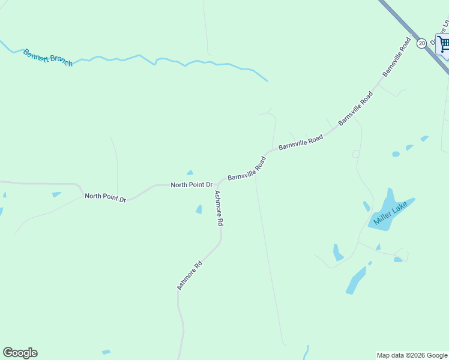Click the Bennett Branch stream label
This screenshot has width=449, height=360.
tap(47, 58)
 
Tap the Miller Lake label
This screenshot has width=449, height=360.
tap(390, 213)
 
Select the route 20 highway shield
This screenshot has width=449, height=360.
tap(421, 43)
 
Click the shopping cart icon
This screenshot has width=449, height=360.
tap(444, 43)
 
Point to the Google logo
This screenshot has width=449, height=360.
tap(20, 353)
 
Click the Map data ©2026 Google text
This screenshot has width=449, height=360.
tap(412, 355)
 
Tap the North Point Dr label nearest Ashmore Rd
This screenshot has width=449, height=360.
tap(191, 185)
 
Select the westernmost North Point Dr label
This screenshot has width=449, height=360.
tap(105, 197)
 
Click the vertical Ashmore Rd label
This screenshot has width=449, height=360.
tap(219, 208)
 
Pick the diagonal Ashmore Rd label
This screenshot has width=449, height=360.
tap(190, 275)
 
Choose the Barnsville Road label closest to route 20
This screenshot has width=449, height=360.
tap(396, 58)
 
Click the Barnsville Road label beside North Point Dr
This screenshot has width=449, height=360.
tap(247, 169)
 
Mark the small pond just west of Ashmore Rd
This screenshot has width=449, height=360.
tap(199, 209)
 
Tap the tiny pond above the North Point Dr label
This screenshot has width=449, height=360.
tap(190, 173)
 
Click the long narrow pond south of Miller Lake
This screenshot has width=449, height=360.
tap(355, 280)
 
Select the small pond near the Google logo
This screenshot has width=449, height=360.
tap(106, 352)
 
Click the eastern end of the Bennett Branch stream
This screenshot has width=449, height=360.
tap(267, 80)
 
